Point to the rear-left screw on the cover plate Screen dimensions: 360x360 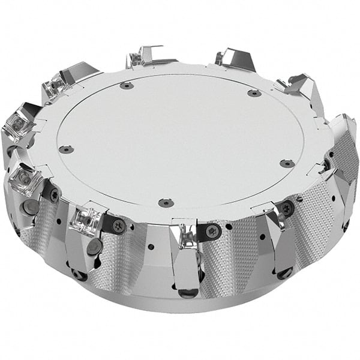point(127,86)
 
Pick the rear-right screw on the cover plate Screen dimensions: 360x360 point(254,93)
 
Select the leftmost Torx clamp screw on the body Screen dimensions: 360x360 point(53,193)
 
